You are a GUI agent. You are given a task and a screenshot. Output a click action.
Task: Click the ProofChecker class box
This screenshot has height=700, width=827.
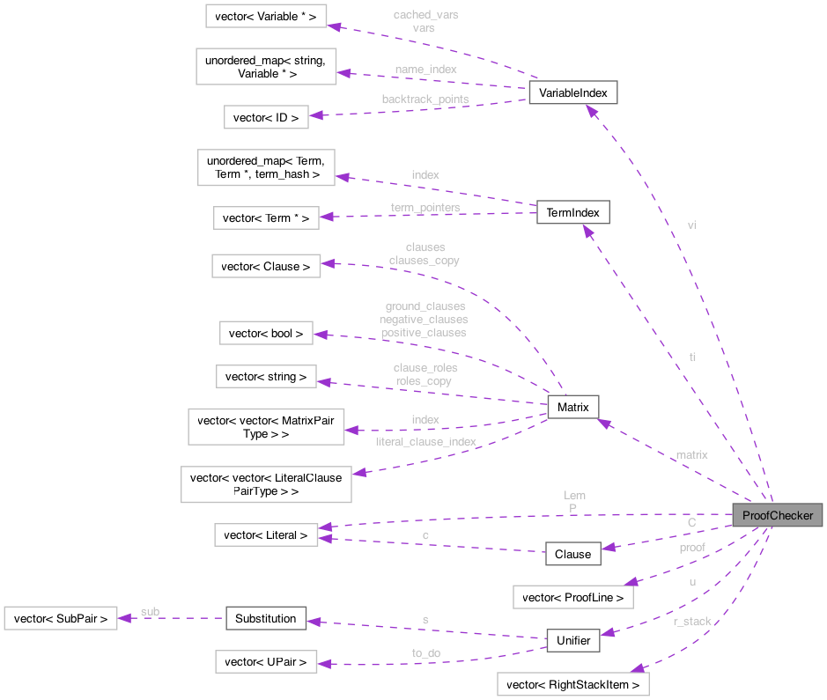(x=777, y=515)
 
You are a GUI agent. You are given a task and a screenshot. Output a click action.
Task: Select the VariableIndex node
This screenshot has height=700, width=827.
(x=572, y=92)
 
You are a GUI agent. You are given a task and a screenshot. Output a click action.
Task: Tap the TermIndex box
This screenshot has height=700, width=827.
(x=572, y=213)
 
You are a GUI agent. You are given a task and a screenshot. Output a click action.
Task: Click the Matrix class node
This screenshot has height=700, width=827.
(x=572, y=407)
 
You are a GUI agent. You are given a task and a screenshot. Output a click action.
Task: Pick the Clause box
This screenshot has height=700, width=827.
(x=572, y=554)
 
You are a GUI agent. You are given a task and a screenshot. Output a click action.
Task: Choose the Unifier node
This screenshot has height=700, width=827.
(x=572, y=640)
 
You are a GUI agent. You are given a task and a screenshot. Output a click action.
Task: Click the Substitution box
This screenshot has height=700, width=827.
(x=265, y=618)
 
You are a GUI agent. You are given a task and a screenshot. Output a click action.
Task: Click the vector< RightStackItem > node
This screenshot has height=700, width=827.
(x=573, y=684)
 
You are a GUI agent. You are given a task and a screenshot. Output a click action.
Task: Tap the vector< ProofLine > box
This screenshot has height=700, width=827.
(x=573, y=597)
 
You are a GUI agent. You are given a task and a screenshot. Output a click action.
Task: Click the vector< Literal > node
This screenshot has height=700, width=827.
(x=266, y=534)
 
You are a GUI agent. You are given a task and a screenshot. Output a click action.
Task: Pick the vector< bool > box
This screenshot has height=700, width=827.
(x=266, y=333)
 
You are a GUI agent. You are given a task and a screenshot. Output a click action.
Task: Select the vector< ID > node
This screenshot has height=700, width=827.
(x=266, y=117)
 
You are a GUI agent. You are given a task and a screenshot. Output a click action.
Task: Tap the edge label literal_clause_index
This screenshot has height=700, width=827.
(x=425, y=441)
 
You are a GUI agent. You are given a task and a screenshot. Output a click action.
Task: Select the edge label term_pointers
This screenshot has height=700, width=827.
(x=425, y=208)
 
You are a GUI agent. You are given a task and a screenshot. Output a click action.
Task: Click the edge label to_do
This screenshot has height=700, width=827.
(x=425, y=652)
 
